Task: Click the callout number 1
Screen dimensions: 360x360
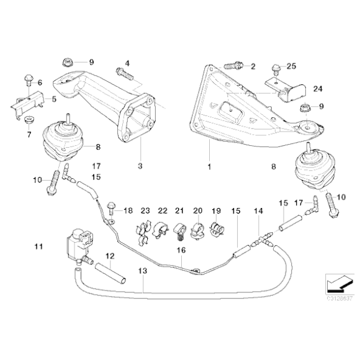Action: (x=209, y=167)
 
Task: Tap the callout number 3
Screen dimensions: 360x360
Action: (x=140, y=167)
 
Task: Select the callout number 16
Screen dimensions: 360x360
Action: (x=181, y=250)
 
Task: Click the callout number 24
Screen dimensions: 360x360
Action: (x=318, y=90)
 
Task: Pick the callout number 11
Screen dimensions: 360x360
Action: (x=38, y=247)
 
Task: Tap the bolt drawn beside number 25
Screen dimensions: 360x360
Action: (x=277, y=68)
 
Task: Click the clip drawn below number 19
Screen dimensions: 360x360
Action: (x=218, y=230)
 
